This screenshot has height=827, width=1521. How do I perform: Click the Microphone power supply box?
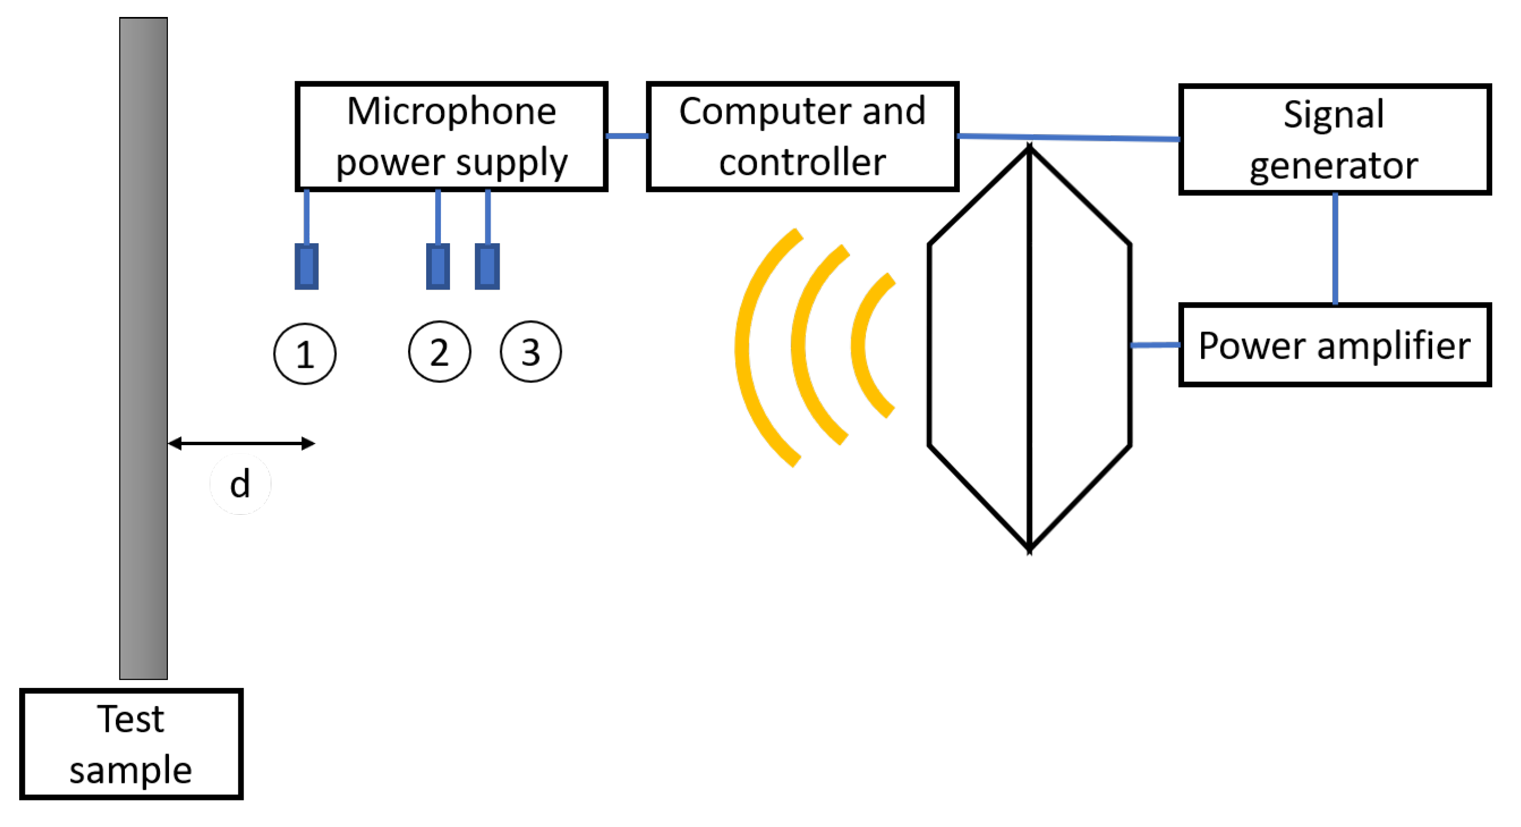(x=452, y=136)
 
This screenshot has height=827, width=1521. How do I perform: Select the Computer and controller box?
(x=803, y=136)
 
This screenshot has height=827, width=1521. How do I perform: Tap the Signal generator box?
(x=1334, y=139)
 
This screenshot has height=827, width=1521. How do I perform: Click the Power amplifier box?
(x=1334, y=345)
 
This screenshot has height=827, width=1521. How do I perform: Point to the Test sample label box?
(x=131, y=744)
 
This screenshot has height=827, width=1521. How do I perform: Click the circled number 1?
(x=305, y=355)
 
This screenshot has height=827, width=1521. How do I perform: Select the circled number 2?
(x=439, y=352)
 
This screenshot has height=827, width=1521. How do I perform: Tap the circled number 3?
(x=530, y=352)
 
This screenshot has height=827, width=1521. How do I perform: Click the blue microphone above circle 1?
(x=306, y=266)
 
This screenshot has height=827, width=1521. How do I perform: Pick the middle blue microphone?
(x=437, y=266)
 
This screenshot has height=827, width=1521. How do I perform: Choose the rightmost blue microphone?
(x=487, y=266)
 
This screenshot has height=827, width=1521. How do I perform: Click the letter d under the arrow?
(x=240, y=484)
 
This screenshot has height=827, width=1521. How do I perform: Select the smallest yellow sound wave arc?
(x=861, y=345)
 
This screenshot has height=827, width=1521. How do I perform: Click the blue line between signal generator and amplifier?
(x=1335, y=248)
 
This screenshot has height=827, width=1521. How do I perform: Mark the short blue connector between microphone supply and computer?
(x=627, y=136)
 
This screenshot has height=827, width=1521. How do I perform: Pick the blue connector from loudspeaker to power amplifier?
(x=1155, y=345)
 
